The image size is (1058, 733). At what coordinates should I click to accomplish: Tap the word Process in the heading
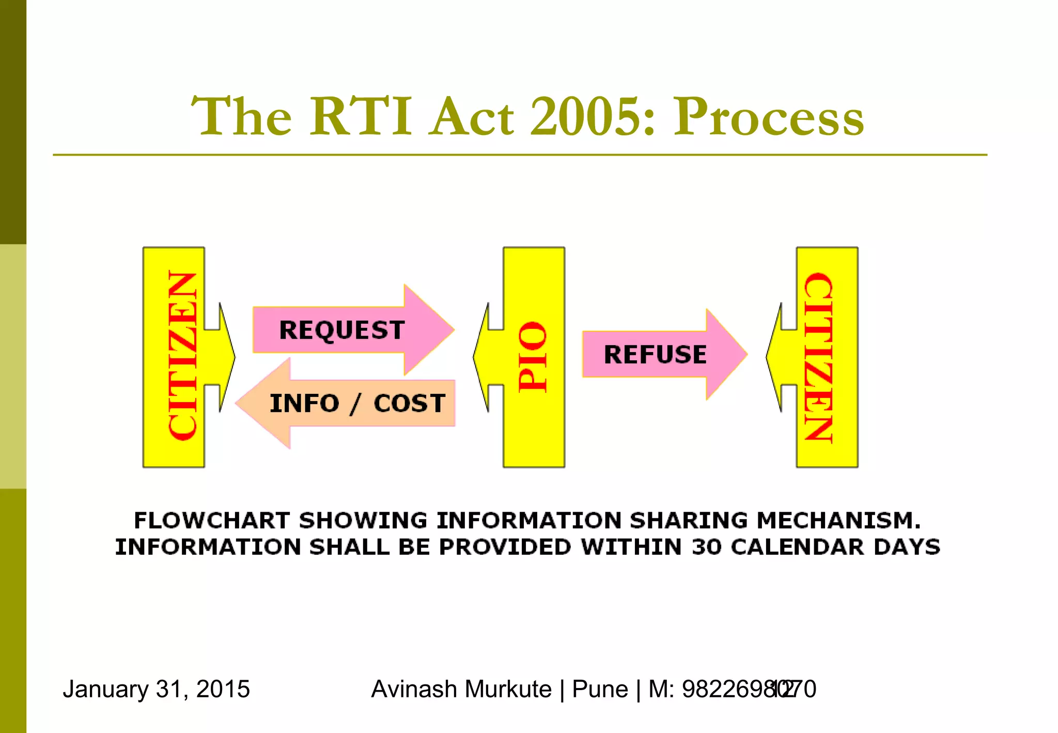(x=768, y=118)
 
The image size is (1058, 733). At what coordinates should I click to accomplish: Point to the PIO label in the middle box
(x=533, y=357)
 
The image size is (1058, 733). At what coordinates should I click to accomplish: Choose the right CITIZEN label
(x=819, y=357)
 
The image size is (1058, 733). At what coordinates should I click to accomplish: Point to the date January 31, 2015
(x=156, y=689)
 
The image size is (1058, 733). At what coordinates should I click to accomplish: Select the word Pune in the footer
(x=600, y=689)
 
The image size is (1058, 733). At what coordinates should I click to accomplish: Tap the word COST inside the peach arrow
(x=409, y=403)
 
